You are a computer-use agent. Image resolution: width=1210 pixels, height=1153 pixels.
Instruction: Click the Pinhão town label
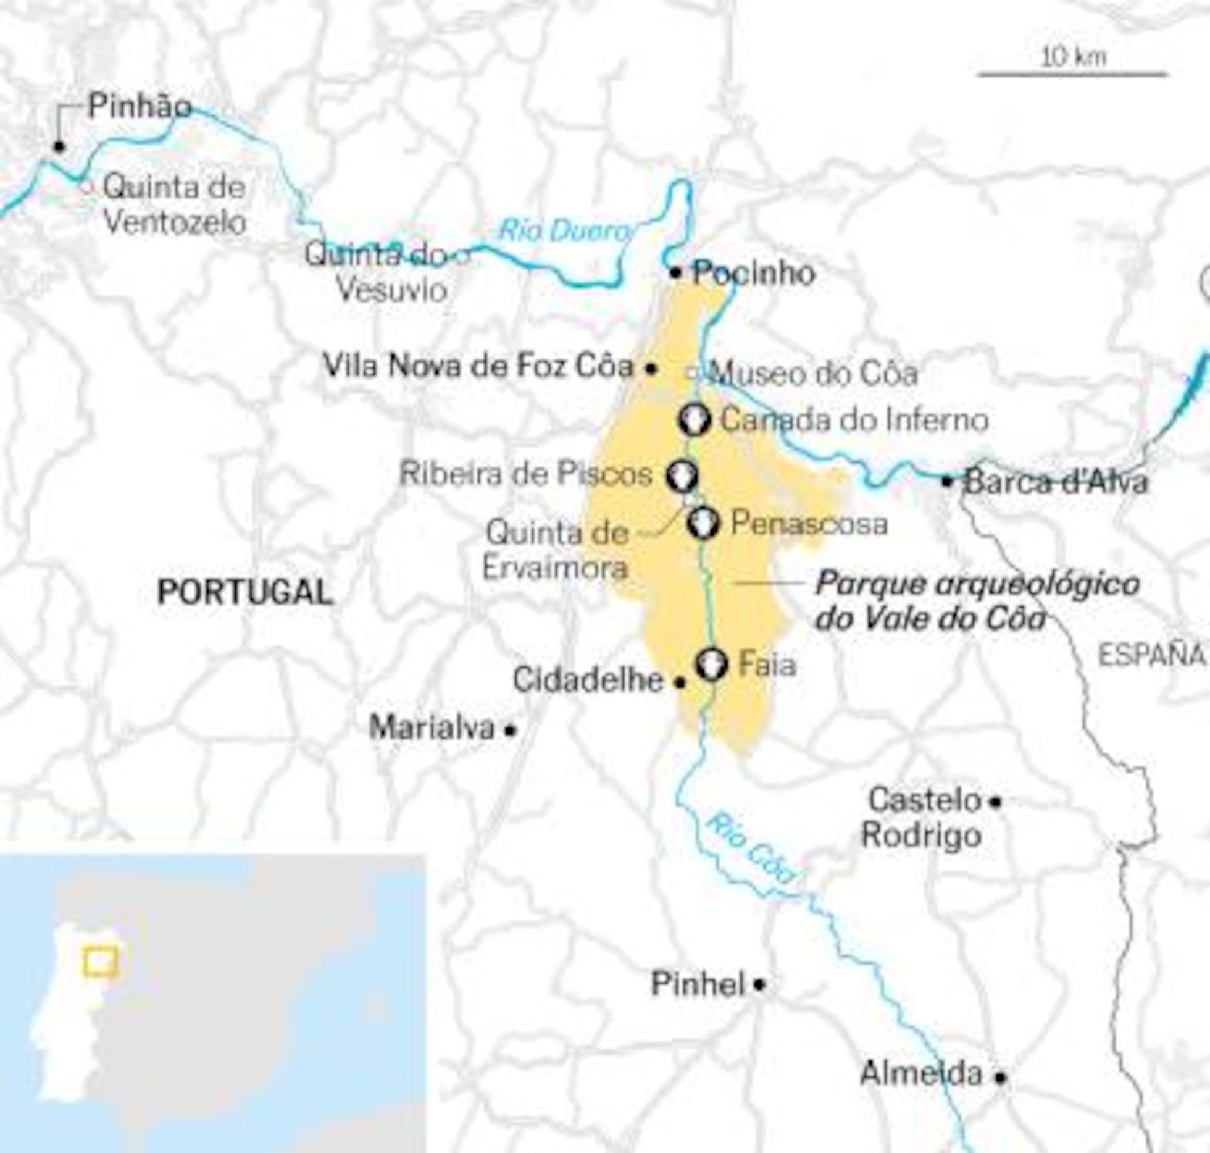(x=140, y=106)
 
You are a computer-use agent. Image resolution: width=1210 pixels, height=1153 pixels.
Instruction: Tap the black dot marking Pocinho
(x=676, y=272)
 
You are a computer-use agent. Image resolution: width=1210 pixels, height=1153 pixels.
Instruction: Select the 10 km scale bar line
(x=1072, y=75)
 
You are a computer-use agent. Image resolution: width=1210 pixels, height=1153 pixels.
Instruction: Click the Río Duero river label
(x=564, y=231)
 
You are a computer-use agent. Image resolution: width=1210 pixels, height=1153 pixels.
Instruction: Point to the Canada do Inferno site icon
(x=695, y=420)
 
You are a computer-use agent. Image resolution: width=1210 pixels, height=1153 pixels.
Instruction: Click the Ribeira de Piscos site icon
(x=682, y=476)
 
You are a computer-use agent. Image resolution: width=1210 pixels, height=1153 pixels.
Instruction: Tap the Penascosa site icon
(x=704, y=523)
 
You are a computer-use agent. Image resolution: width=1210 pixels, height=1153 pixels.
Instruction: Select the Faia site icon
(x=712, y=665)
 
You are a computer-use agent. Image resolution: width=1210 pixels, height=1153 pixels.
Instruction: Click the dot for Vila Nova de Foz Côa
(x=651, y=369)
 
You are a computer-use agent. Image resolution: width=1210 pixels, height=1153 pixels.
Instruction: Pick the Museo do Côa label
(x=813, y=374)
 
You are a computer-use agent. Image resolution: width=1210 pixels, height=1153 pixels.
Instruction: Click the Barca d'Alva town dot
(x=947, y=481)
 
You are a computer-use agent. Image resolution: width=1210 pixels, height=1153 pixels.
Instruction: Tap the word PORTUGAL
(x=245, y=592)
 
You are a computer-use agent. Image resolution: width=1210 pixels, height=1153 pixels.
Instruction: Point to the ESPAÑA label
(x=1152, y=656)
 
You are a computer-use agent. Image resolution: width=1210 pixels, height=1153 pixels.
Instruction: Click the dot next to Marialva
(x=510, y=730)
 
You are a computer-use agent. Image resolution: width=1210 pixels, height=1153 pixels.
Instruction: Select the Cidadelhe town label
(x=588, y=681)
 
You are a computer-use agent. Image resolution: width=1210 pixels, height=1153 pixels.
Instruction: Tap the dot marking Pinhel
(x=759, y=984)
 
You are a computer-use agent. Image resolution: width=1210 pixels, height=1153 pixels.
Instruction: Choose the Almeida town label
(x=921, y=1073)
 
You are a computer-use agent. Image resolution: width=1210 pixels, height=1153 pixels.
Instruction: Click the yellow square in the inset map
(x=101, y=962)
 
